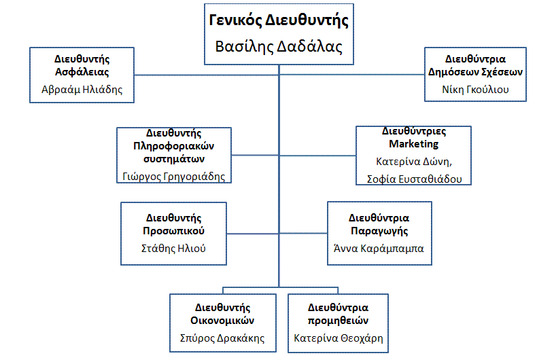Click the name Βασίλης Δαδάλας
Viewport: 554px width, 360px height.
(x=279, y=47)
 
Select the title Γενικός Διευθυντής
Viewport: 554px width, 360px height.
(x=279, y=20)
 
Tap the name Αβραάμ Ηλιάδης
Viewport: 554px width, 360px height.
(x=82, y=90)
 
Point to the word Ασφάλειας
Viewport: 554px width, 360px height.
(x=82, y=72)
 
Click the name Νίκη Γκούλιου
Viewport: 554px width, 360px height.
(x=475, y=90)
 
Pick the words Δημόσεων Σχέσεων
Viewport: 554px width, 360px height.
(x=475, y=72)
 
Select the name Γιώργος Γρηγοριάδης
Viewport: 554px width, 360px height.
(x=174, y=177)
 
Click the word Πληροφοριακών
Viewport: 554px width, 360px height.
(x=174, y=146)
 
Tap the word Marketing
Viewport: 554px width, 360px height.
(x=414, y=144)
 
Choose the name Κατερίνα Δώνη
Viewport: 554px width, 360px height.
(x=414, y=162)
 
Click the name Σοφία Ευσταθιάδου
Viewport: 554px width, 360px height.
(x=415, y=179)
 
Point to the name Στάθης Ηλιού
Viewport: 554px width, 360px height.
(x=173, y=249)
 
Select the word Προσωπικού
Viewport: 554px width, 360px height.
(x=174, y=231)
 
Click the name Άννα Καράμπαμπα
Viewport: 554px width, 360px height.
(x=379, y=249)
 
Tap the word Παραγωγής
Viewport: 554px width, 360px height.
(x=379, y=231)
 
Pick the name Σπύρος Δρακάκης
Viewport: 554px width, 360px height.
(x=222, y=338)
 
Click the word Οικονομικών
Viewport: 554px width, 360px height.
(x=222, y=321)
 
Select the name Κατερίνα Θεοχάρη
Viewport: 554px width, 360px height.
(x=339, y=338)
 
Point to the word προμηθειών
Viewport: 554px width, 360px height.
(x=338, y=321)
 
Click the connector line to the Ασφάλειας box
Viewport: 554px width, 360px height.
(x=207, y=75)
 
